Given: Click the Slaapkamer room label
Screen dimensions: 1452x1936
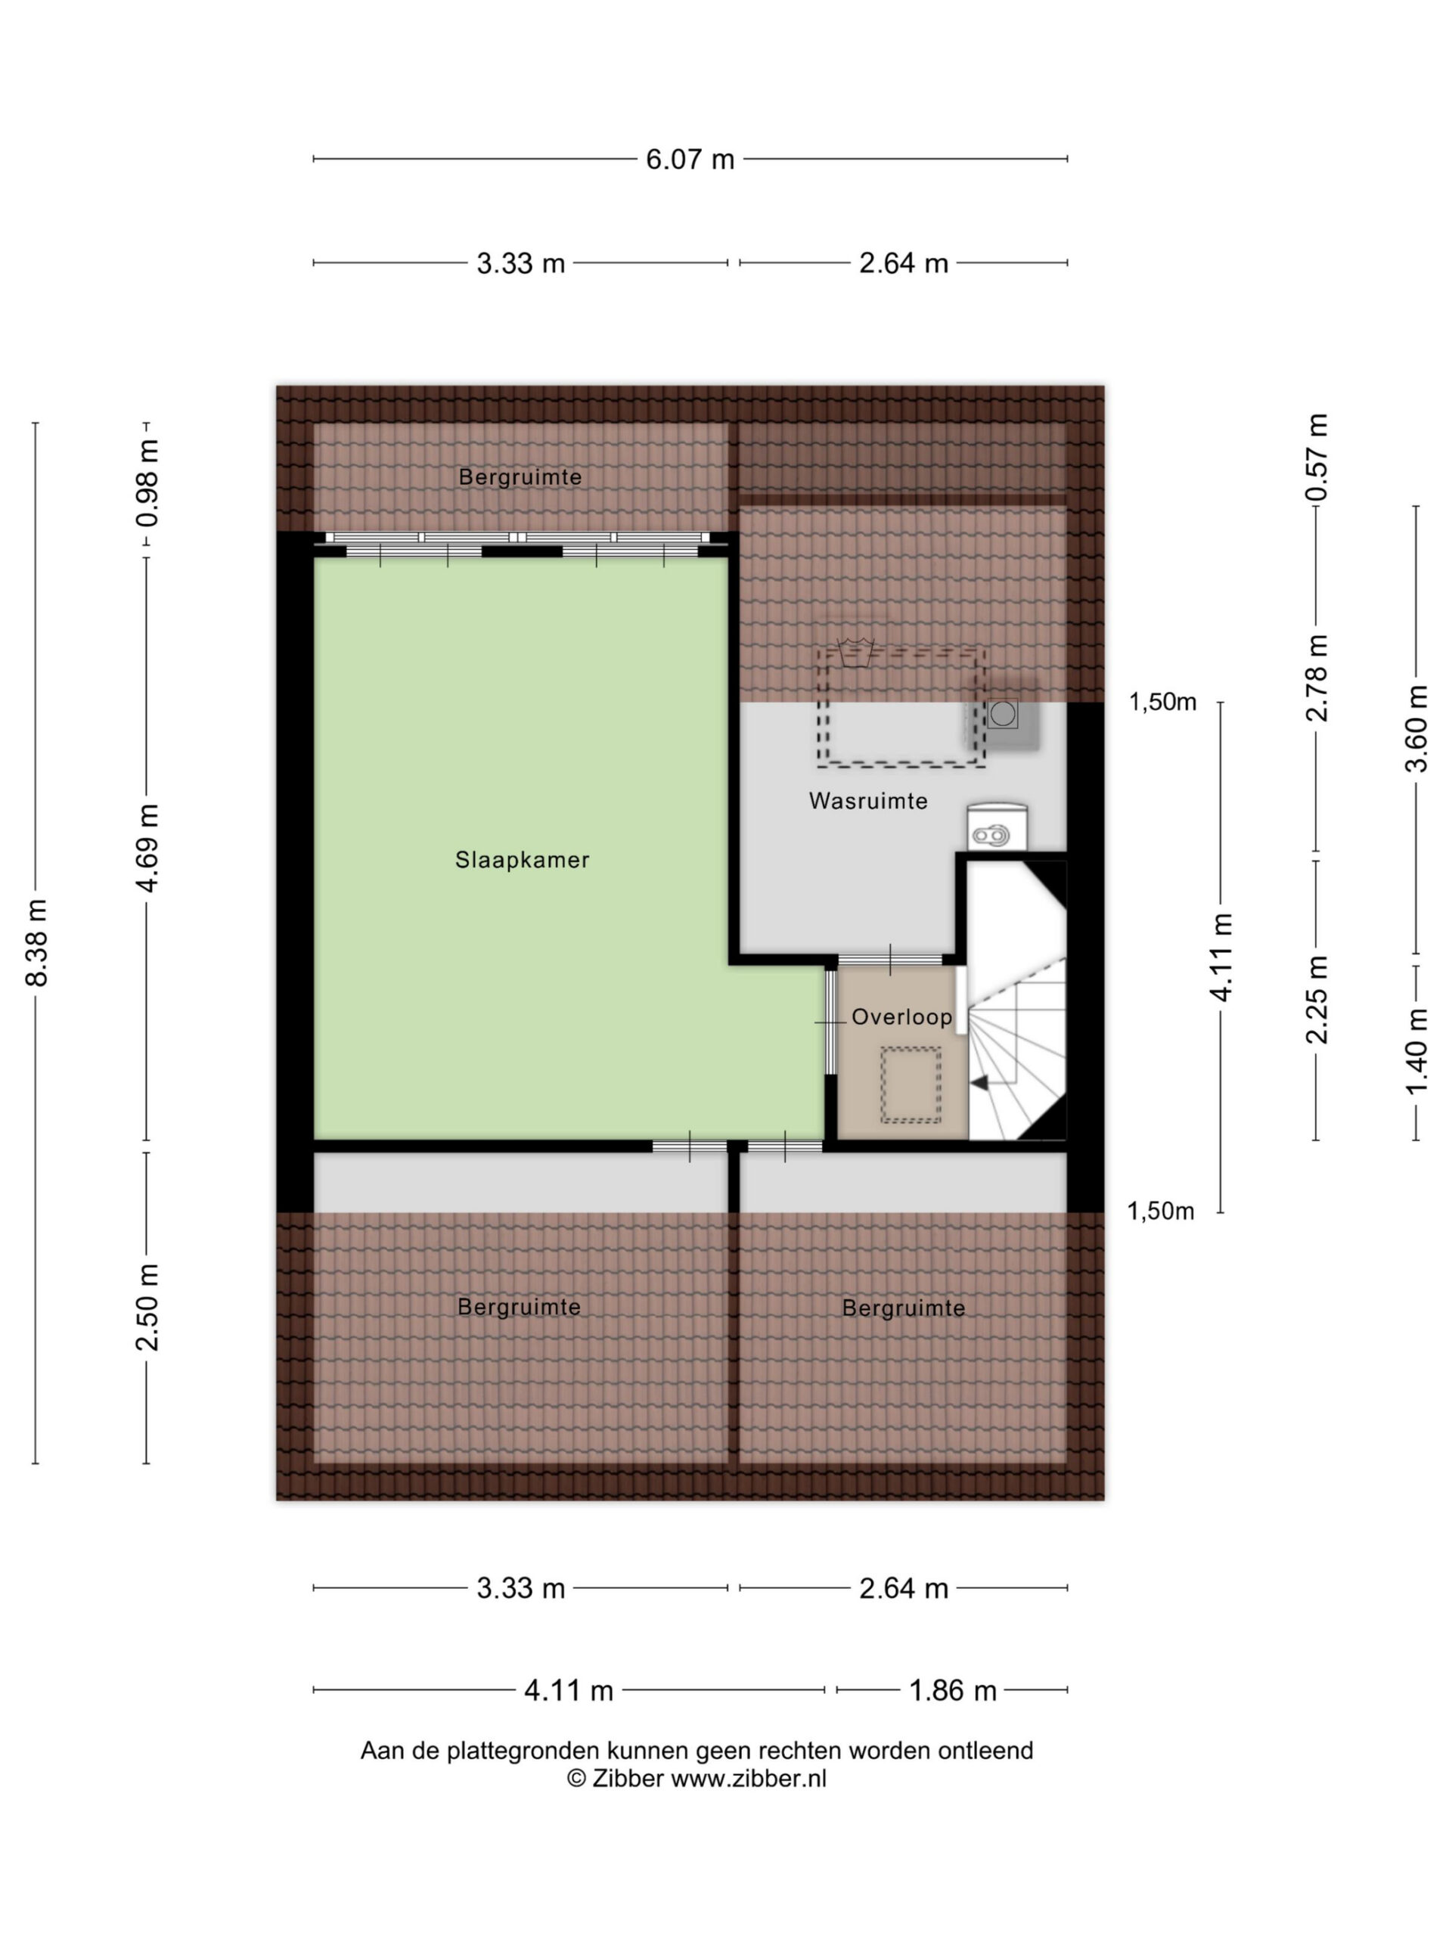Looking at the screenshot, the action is tap(522, 859).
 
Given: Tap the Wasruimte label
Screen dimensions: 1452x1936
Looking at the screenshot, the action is tap(867, 800).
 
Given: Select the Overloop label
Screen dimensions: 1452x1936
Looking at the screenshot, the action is tap(901, 1016).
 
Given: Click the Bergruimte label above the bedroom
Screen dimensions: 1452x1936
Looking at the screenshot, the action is tap(520, 477).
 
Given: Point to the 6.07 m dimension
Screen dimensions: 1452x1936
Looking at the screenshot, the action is tap(690, 160).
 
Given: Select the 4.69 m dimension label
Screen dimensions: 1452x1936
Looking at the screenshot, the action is tap(147, 848).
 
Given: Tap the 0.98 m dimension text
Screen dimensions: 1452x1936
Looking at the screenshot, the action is tap(147, 484).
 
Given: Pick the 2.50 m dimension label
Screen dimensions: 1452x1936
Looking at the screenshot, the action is tap(147, 1307).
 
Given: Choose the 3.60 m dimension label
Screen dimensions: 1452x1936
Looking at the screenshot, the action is tap(1415, 728).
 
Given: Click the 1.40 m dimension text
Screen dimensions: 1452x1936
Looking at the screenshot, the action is tap(1415, 1050).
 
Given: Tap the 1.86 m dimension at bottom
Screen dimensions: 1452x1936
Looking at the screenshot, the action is tap(952, 1690).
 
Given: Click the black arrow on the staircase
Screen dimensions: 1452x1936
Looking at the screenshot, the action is tap(979, 1083).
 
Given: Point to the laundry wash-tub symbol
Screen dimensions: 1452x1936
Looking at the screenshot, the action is tap(855, 653).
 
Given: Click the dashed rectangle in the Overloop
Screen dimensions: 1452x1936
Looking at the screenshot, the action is tap(911, 1084).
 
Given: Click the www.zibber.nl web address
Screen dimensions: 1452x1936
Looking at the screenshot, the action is tap(749, 1778).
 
